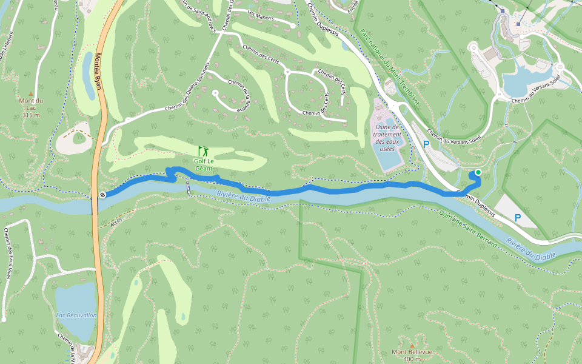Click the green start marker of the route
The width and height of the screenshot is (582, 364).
pyautogui.click(x=478, y=173)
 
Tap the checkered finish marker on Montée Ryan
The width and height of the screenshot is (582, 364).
pyautogui.click(x=103, y=195)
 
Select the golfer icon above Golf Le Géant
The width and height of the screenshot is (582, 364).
pyautogui.click(x=203, y=150)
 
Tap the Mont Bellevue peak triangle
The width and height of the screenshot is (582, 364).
pyautogui.click(x=412, y=345)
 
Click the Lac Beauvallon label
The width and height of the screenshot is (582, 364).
pyautogui.click(x=76, y=315)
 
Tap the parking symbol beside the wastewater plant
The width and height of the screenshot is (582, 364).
pyautogui.click(x=426, y=144)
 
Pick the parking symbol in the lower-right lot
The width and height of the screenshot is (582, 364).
pyautogui.click(x=518, y=217)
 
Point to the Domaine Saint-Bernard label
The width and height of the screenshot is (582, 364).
pyautogui.click(x=468, y=229)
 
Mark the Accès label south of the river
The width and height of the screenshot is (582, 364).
pyautogui.click(x=116, y=222)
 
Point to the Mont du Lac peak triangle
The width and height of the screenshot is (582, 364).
pyautogui.click(x=31, y=94)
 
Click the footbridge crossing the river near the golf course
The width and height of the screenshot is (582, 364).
pyautogui.click(x=189, y=189)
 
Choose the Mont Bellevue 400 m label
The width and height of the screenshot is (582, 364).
pyautogui.click(x=412, y=356)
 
